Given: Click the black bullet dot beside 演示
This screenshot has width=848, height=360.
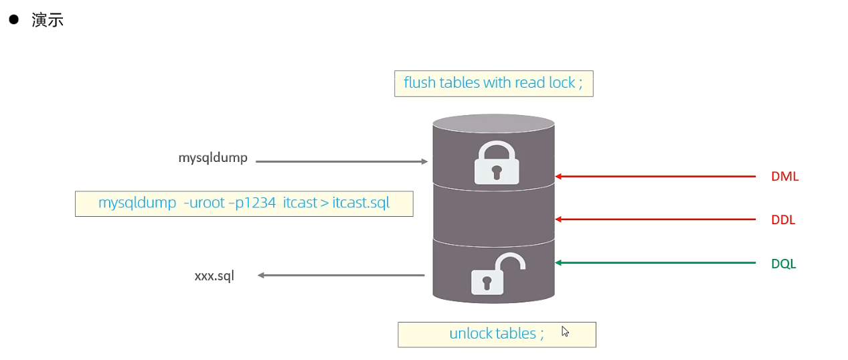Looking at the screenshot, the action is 14,19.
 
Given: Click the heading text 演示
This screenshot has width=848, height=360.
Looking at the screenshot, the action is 48,20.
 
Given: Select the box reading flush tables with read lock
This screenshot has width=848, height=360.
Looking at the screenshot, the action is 494,83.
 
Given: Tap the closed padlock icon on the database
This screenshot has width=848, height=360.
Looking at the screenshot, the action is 497,163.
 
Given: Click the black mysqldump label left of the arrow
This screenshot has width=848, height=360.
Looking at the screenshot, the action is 213,158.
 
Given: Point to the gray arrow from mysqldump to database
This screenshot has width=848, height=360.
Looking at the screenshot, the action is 341,162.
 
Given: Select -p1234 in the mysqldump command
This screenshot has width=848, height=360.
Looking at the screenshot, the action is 252,203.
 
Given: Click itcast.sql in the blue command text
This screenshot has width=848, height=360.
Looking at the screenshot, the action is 361,203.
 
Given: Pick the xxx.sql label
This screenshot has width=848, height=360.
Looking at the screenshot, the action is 214,276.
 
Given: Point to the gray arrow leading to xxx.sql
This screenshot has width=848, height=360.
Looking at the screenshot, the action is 341,275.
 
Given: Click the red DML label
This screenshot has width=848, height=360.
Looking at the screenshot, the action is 785,177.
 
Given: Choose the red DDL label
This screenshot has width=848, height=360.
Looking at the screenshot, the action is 783,220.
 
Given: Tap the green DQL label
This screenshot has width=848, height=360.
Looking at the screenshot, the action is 784,264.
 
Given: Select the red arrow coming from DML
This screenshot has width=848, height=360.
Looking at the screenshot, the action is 655,177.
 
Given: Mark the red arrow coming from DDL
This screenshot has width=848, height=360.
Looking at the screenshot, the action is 655,219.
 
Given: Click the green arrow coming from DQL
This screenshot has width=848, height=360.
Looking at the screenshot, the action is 655,263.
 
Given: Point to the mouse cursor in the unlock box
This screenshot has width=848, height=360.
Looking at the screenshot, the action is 565,332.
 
